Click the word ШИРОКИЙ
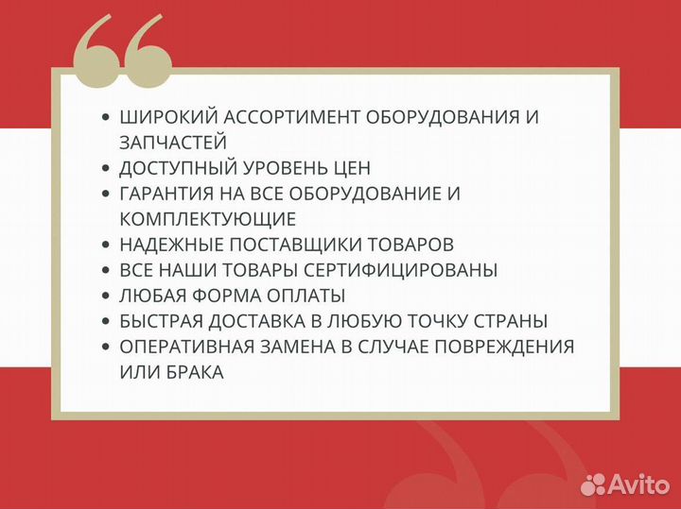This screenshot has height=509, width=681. (x=161, y=118)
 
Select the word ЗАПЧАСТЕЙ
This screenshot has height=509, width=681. (x=173, y=143)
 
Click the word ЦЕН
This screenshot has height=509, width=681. (x=349, y=168)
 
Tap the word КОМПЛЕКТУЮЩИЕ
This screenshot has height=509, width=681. (x=208, y=219)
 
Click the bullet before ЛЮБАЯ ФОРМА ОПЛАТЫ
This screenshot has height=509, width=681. (x=105, y=296)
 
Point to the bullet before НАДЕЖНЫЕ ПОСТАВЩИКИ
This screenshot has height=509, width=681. (x=105, y=245)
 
